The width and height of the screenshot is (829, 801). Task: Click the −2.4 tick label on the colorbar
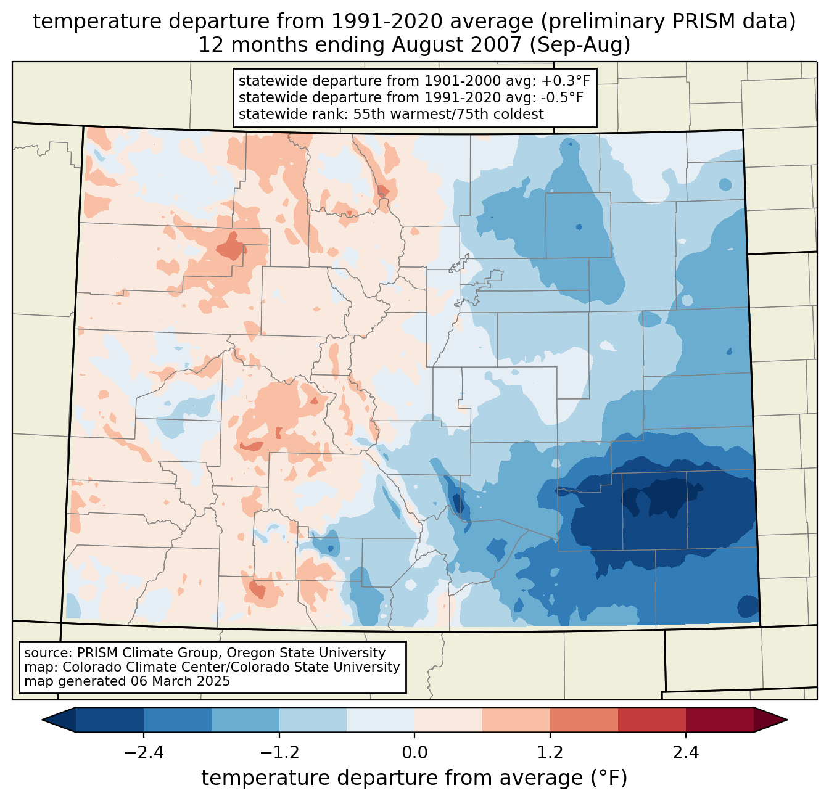pyautogui.click(x=144, y=753)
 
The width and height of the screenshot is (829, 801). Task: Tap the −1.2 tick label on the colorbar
pyautogui.click(x=279, y=753)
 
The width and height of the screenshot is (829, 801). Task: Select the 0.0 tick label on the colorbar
pyautogui.click(x=414, y=753)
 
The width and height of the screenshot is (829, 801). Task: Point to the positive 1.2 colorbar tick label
pyautogui.click(x=550, y=753)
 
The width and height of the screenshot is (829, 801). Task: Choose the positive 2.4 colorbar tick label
pyautogui.click(x=685, y=753)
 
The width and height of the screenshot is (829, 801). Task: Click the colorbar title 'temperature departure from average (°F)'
pyautogui.click(x=414, y=778)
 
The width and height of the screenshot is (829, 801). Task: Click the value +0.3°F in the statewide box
pyautogui.click(x=566, y=81)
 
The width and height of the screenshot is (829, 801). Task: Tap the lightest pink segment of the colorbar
pyautogui.click(x=448, y=720)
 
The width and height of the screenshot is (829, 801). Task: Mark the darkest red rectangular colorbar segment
pyautogui.click(x=719, y=720)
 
